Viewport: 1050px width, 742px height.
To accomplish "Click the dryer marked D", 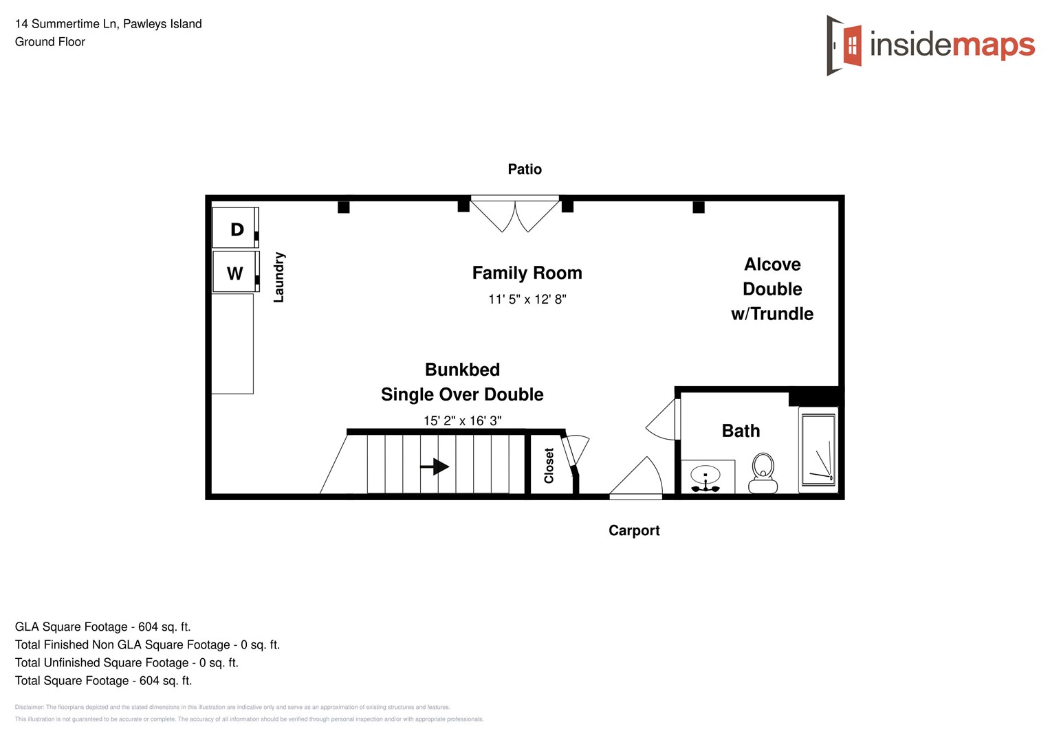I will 235,229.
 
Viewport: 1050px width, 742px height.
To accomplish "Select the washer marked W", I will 235,273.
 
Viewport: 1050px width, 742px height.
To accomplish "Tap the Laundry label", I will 278,277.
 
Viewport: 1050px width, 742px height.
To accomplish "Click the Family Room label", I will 527,273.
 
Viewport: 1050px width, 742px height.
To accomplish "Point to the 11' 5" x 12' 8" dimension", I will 527,300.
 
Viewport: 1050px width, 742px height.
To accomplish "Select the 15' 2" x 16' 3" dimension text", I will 462,420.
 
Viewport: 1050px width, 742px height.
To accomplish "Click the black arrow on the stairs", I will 435,466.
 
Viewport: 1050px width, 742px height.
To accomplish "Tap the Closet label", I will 549,466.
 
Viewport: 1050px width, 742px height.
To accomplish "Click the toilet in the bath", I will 763,473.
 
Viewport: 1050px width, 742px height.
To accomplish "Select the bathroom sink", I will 706,477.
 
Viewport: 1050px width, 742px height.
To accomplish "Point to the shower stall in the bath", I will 818,450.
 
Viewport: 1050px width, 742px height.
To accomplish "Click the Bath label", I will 741,431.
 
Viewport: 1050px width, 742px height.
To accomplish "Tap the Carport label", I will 634,530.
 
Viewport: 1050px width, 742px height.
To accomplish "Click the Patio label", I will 525,169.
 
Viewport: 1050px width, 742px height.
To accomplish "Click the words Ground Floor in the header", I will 50,42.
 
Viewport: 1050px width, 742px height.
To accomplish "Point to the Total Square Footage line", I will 103,681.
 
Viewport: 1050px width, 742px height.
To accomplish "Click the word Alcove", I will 772,265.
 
